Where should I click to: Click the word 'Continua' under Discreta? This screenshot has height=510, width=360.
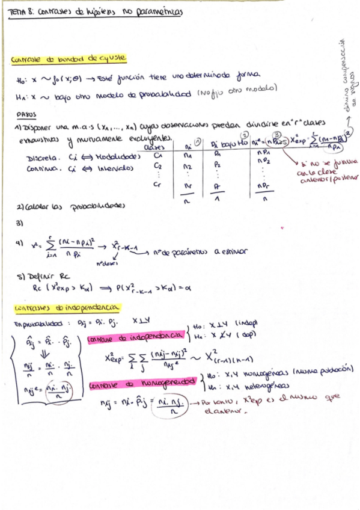[42, 169]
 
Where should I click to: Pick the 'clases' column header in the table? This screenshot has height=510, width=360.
[156, 147]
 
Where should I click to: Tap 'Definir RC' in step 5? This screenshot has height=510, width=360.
[38, 277]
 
